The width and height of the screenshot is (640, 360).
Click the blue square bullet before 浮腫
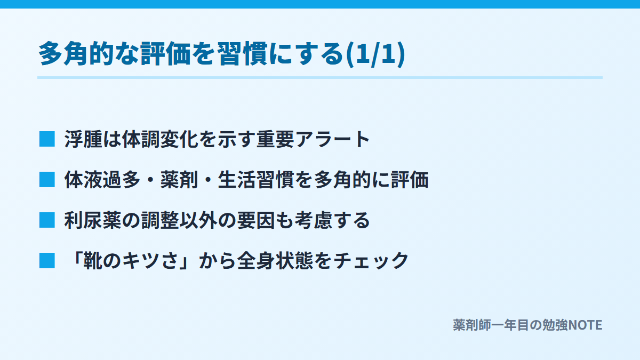click(x=47, y=139)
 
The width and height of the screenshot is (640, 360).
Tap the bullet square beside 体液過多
click(x=47, y=180)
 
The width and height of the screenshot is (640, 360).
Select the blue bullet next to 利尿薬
click(x=47, y=220)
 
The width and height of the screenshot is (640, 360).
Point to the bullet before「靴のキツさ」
click(x=47, y=261)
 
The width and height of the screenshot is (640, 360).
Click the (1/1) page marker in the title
click(x=375, y=54)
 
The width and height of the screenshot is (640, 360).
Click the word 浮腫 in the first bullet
click(x=83, y=139)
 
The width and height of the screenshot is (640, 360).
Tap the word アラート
click(x=333, y=139)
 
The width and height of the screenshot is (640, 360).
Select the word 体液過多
click(x=102, y=180)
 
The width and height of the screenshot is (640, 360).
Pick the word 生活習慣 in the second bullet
click(x=256, y=180)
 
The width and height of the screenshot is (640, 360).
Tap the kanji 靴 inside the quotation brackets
click(x=93, y=261)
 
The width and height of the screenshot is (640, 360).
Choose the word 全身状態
click(x=275, y=261)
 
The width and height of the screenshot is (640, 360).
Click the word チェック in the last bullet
click(x=371, y=261)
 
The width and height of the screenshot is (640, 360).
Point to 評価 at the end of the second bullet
click(x=410, y=180)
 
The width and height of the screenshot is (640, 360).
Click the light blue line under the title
click(x=320, y=78)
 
